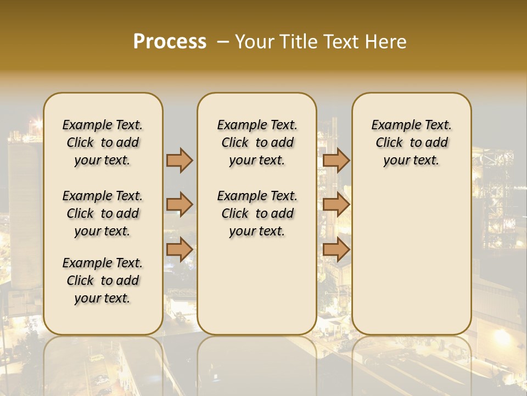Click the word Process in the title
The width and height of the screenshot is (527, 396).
pos(170,42)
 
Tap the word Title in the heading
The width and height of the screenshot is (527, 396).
pos(297,42)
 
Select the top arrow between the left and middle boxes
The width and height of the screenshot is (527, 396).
pos(180,160)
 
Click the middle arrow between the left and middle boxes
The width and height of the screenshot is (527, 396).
pos(180,205)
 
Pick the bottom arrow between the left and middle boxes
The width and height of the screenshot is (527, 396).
pos(180,250)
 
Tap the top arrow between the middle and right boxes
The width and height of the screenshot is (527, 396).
pos(336,160)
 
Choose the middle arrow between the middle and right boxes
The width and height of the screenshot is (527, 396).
pos(336,205)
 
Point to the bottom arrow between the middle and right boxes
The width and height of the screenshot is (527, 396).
pos(336,250)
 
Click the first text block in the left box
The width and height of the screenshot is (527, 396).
pos(103,142)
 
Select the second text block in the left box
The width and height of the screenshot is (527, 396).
pos(103,213)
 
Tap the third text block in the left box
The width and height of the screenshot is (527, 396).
pos(103,280)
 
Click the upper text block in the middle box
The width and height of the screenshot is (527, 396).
pos(257,142)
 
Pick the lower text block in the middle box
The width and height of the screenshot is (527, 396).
pos(257,213)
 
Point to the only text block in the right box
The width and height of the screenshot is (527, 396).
pos(412,142)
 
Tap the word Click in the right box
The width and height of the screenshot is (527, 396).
pos(389,143)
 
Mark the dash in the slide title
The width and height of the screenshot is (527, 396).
pos(223,42)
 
